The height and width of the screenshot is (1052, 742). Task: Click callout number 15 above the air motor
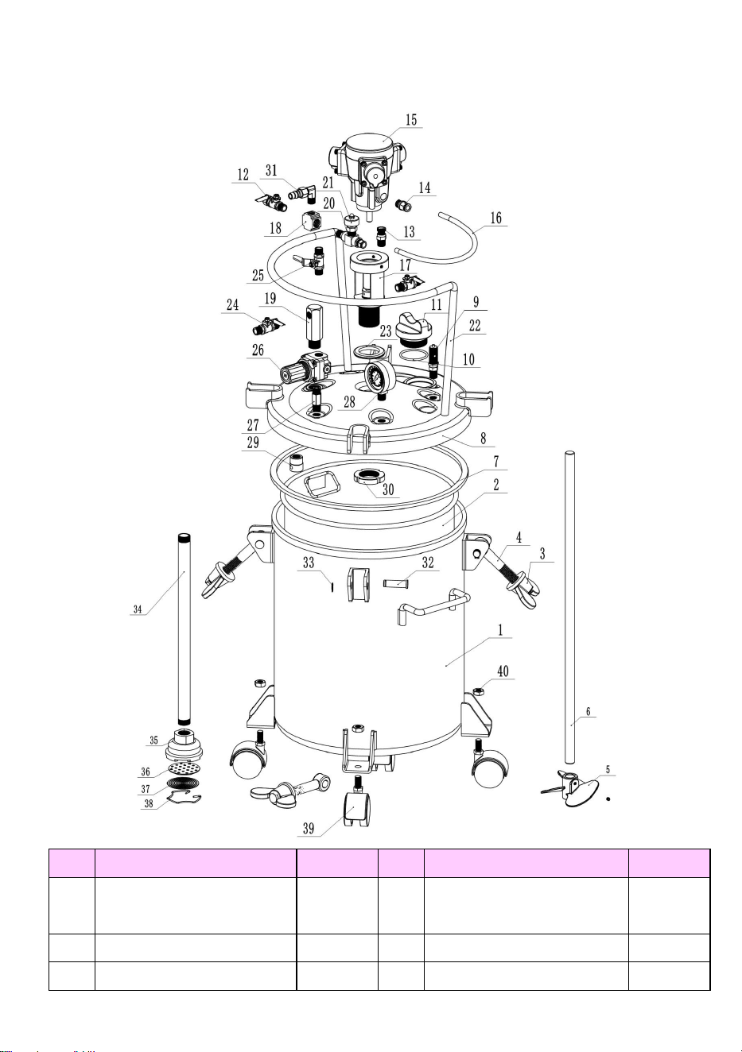[x=411, y=120]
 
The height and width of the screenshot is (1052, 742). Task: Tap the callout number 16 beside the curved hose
[x=495, y=218]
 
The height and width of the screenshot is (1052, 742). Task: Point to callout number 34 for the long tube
[x=138, y=609]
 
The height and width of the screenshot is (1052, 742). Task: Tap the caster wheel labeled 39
[x=359, y=804]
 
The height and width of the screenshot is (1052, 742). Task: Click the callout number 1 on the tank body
[x=500, y=630]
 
